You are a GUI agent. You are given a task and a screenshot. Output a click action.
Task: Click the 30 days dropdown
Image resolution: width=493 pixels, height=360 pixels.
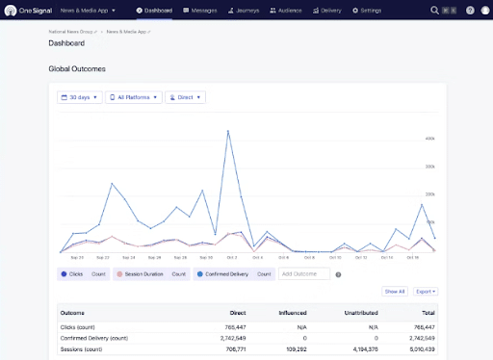[x=79, y=97]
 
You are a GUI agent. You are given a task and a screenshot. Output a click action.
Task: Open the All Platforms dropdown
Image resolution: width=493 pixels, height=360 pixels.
[x=133, y=97]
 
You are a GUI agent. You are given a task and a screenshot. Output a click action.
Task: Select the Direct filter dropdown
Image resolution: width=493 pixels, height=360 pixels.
[x=185, y=97]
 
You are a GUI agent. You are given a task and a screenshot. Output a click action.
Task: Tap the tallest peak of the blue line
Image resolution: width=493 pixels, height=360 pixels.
[x=228, y=131]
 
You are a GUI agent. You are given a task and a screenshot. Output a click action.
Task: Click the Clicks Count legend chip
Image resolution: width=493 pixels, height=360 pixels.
[x=86, y=274]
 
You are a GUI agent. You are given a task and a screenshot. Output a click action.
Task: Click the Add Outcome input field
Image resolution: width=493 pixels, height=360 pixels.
[x=303, y=274]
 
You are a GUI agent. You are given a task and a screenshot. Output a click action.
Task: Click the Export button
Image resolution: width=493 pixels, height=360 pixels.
[x=425, y=291]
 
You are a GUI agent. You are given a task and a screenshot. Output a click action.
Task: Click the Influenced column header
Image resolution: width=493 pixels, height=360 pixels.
[x=307, y=313]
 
